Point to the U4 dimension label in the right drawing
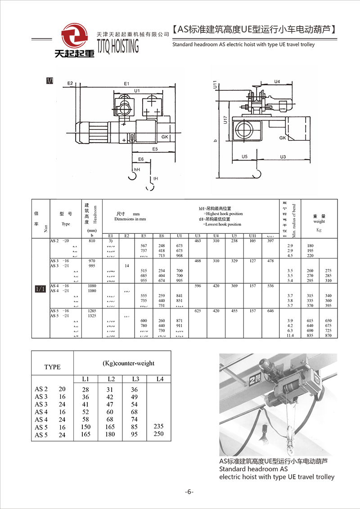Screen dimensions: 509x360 277,81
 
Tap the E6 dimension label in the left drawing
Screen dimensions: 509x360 140,159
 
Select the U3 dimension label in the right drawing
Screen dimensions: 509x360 283,156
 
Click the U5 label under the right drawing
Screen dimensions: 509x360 244,156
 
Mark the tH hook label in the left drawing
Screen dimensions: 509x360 155,179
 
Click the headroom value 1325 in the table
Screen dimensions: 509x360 92,316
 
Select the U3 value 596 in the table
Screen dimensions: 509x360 198,286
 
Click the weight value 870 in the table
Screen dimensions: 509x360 328,335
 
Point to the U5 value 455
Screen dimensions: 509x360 234,311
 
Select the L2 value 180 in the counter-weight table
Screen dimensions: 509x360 110,434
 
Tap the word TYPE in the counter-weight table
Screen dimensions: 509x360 52,367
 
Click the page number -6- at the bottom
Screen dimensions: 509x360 189,491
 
